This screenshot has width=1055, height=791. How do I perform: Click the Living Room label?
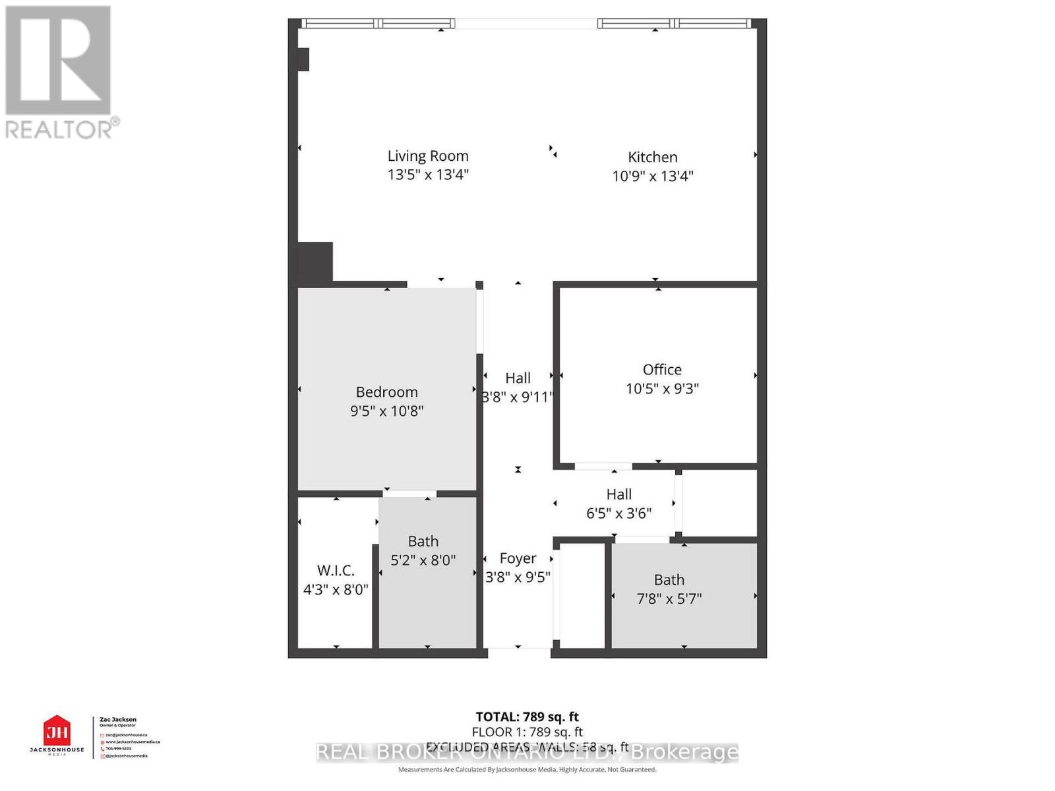point(428,156)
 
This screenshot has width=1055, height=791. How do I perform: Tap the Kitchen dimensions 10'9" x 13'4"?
point(653,176)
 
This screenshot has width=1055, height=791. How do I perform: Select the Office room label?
point(662,370)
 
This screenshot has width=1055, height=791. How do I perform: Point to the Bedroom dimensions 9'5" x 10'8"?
point(386,411)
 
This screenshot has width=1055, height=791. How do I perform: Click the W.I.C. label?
point(336,571)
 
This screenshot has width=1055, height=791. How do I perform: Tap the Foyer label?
point(518,559)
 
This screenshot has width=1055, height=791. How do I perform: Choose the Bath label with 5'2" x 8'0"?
point(423,542)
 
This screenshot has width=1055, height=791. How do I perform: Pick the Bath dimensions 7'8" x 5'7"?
point(669,599)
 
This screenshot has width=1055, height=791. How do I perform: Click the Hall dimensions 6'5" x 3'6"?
point(618,513)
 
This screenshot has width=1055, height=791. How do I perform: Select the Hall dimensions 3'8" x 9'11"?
point(518,397)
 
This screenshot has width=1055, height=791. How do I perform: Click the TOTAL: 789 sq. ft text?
point(527,717)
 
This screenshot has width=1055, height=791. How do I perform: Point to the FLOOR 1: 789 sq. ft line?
point(527,732)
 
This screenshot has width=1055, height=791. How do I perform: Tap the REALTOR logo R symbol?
point(58,61)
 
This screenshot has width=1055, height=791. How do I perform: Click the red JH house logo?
point(57,732)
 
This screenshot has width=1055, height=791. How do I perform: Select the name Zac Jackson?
point(118,720)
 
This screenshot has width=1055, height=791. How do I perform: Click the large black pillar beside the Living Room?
point(316,263)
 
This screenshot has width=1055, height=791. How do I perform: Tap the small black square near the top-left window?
point(303,59)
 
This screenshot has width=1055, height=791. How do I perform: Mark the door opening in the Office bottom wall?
point(603,467)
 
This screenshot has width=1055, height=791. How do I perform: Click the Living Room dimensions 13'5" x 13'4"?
point(428,175)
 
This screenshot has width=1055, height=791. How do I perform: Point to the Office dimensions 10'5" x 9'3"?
point(662,389)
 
